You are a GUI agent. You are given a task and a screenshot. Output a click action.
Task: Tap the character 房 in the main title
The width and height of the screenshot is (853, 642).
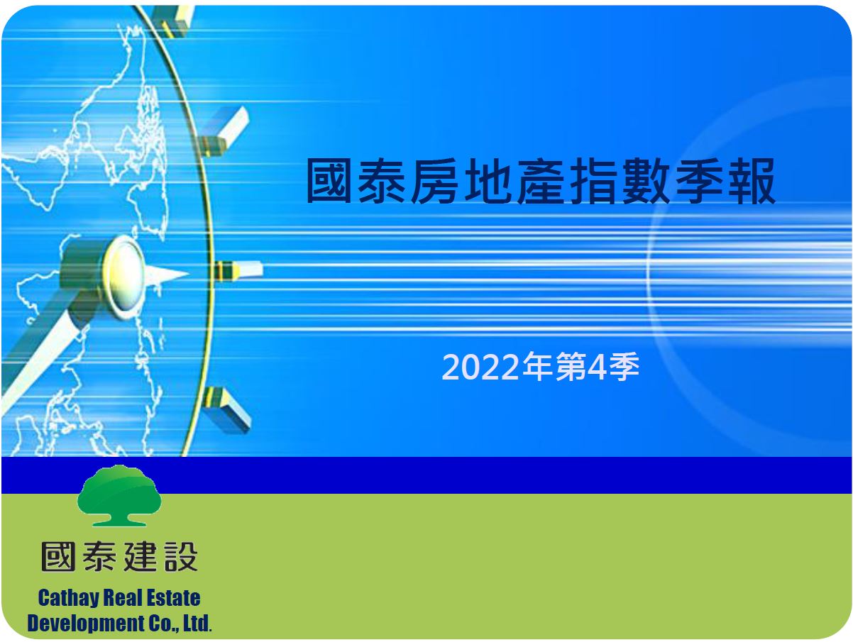point(434,181)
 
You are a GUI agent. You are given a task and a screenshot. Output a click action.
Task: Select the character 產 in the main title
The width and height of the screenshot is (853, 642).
point(540,181)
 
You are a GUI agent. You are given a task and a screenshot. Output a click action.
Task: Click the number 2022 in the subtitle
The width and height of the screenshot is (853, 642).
point(480,367)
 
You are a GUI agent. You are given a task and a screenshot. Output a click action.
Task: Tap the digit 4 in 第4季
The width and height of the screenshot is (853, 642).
point(597,367)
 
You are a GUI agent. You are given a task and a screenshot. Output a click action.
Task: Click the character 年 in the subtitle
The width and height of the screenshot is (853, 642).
point(537,367)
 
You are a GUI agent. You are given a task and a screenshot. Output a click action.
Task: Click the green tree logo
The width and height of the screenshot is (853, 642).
point(119,496)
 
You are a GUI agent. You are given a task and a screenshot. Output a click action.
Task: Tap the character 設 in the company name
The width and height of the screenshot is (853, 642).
point(182,557)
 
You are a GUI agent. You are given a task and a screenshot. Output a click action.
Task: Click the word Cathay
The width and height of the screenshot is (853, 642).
point(68,599)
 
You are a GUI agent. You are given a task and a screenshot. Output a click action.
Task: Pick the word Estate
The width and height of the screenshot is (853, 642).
point(174,598)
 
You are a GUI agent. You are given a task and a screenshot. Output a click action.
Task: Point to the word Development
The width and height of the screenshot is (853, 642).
point(86,624)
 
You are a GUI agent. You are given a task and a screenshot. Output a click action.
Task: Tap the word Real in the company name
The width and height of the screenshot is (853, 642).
point(123,598)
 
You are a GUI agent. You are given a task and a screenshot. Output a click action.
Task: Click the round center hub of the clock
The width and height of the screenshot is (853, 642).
point(123,277)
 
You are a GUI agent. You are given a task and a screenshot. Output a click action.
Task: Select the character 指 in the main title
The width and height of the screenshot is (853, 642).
point(593,181)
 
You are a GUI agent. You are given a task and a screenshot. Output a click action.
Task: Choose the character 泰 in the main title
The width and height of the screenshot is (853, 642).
point(382,181)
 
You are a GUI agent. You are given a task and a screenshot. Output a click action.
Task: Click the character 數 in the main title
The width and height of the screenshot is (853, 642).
point(646,181)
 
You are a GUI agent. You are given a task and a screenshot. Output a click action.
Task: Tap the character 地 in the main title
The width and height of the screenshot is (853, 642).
point(488,181)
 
